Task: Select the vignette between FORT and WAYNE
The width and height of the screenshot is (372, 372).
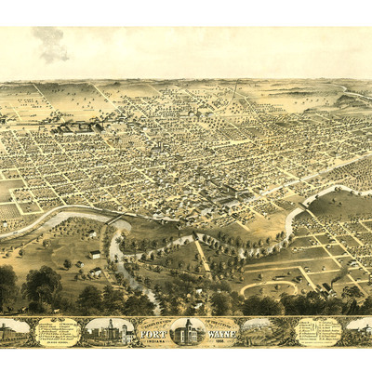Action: pyautogui.click(x=186, y=331)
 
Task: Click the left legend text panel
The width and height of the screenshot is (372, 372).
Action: pyautogui.click(x=58, y=331)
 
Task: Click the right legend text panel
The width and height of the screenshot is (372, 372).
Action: pyautogui.click(x=318, y=331)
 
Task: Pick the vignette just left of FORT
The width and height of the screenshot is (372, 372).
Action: pyautogui.click(x=109, y=332)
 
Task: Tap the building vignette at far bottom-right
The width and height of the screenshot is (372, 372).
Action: pyautogui.click(x=358, y=332)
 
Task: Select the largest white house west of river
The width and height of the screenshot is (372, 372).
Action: pyautogui.click(x=95, y=253)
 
